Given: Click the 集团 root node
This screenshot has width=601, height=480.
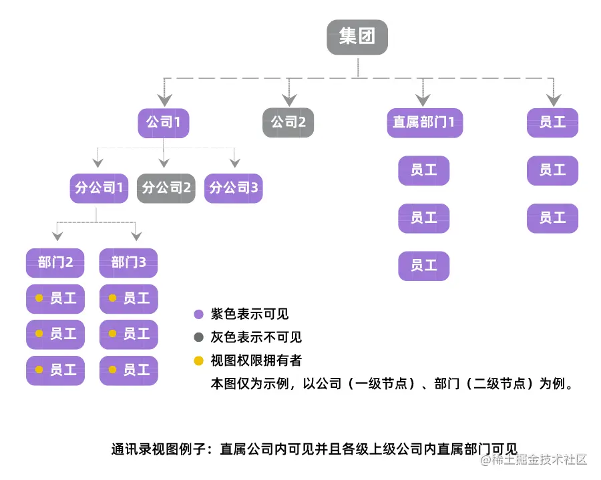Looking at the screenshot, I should click(x=357, y=37).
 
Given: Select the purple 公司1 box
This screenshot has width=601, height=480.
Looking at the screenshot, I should click(x=164, y=123).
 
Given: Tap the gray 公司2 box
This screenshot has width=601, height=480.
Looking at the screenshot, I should click(x=288, y=123).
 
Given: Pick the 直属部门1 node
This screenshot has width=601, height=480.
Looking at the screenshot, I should click(x=425, y=123).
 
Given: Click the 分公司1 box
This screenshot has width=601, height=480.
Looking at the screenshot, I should click(x=99, y=188).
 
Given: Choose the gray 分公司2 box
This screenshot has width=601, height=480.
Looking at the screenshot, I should click(x=166, y=188).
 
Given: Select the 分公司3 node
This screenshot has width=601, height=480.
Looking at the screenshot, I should click(x=234, y=188).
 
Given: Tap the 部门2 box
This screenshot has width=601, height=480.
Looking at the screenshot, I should click(x=55, y=262).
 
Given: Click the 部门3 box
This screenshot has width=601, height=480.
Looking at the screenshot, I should click(x=129, y=262).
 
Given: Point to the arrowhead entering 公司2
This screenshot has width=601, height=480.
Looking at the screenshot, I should click(x=288, y=101).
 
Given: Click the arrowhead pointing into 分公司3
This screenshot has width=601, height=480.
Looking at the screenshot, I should click(x=234, y=163).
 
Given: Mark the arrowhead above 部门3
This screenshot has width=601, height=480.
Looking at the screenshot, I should click(x=136, y=236).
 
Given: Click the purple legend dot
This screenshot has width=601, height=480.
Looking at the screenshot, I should click(x=198, y=314).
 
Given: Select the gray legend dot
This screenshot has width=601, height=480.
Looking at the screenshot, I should click(x=198, y=338).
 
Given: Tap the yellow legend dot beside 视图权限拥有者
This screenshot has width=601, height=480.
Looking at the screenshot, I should click(x=198, y=361).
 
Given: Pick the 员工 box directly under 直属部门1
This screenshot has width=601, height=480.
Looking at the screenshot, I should click(x=424, y=171).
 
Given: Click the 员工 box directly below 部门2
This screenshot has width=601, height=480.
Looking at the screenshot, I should click(x=55, y=298).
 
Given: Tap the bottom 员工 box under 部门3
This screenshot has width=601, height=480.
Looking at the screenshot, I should click(x=129, y=371).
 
